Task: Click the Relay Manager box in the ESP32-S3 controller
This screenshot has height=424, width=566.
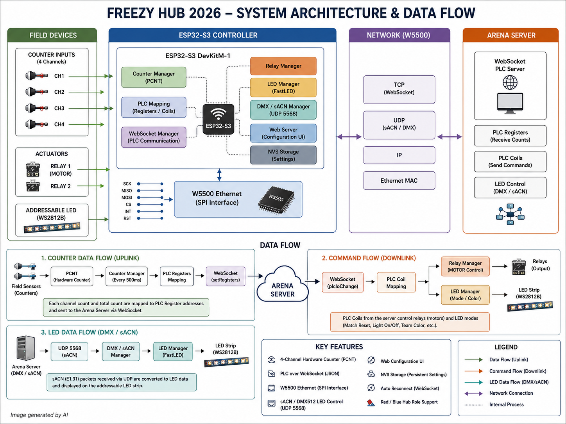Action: tap(283, 66)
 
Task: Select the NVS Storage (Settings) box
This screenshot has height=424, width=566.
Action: tap(283, 155)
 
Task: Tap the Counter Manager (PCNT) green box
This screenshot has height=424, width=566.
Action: tap(154, 77)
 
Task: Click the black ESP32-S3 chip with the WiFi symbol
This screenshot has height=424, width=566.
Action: tap(219, 119)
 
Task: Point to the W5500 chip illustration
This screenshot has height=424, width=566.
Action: tap(276, 200)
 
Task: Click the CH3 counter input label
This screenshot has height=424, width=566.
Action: tap(59, 108)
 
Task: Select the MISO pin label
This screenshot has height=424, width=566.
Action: tap(127, 191)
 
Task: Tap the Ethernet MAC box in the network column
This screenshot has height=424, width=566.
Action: tap(399, 181)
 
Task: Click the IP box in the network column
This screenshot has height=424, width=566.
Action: tap(399, 155)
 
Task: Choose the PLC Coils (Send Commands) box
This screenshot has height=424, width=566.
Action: tap(510, 162)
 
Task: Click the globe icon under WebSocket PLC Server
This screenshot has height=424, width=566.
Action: tap(510, 83)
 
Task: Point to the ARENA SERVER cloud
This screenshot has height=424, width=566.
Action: tap(283, 285)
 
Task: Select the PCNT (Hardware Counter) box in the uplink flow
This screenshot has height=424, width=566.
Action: tap(72, 276)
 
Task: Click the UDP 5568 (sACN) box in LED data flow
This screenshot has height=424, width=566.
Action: tap(69, 351)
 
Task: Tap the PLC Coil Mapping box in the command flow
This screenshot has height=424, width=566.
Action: tap(396, 282)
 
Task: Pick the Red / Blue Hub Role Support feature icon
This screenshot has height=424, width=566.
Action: tap(371, 403)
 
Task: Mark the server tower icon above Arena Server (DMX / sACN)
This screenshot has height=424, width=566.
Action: tap(25, 348)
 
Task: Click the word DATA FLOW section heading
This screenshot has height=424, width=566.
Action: tap(280, 245)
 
